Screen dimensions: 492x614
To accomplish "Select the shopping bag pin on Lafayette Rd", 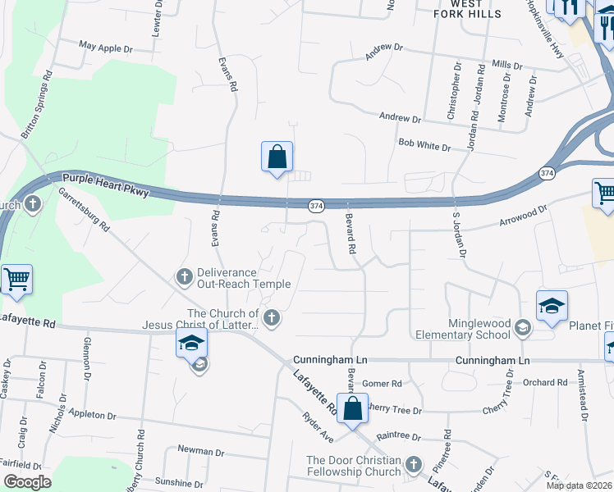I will point(352,409).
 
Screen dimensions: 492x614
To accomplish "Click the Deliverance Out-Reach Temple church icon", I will point(185,276).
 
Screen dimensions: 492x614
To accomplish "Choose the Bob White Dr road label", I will point(424,146).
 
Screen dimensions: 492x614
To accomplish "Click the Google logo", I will point(27,481).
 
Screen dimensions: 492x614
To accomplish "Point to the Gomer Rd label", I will point(382,383).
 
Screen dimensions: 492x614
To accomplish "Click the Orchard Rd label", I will point(545,382).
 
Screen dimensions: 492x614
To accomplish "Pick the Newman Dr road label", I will point(196,450).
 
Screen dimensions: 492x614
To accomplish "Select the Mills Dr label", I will point(506,64).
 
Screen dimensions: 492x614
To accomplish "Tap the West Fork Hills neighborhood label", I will point(467,9).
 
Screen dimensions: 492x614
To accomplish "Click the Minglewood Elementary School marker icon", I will point(521,328).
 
